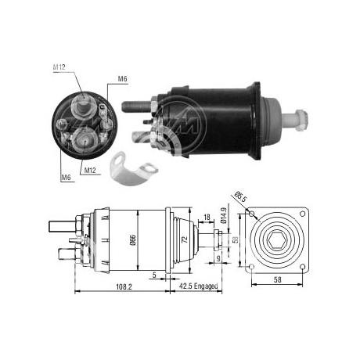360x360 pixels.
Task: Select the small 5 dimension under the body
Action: (x=157, y=272)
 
